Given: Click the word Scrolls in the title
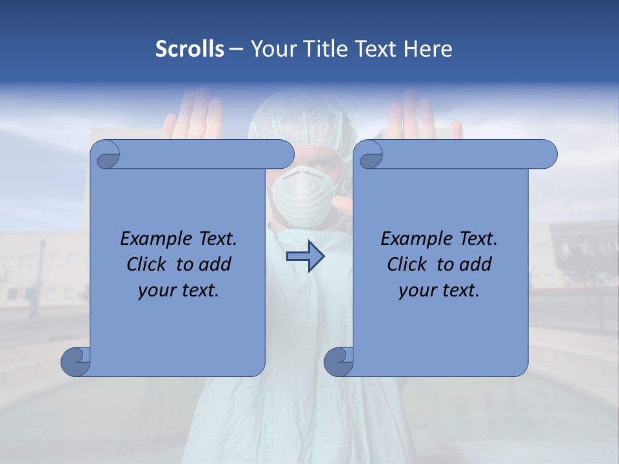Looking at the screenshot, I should (190, 49).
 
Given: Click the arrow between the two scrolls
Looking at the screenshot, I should (305, 256).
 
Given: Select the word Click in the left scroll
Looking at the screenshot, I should (148, 264).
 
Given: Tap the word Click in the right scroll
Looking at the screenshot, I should (408, 264).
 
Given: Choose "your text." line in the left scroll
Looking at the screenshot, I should (179, 290).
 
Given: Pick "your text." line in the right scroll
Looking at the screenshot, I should (439, 290).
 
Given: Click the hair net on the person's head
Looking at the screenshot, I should (303, 116).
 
